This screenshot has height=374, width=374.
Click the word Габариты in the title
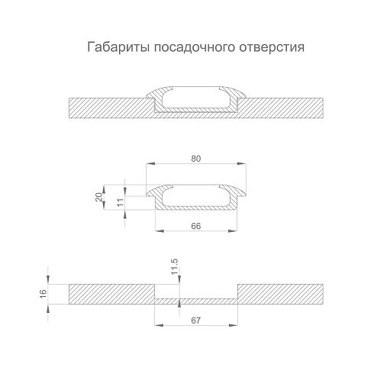[x=118, y=47]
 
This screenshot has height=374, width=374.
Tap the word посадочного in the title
[x=194, y=48]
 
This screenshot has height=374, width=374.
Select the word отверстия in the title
[x=272, y=48]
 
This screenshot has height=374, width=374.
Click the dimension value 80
[x=196, y=159]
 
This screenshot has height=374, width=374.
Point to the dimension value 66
[x=196, y=226]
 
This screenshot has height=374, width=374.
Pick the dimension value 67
[x=196, y=321]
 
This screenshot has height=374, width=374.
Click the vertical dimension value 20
[x=98, y=197]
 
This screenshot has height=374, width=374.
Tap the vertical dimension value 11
[x=120, y=202]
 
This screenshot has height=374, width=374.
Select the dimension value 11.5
[x=175, y=266]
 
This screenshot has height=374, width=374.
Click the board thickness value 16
[x=44, y=294]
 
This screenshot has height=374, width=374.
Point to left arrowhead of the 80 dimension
[x=150, y=163]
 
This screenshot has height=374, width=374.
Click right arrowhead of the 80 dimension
[x=242, y=163]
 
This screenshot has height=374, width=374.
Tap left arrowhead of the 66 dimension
[x=160, y=231]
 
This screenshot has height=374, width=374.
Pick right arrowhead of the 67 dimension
[x=233, y=325]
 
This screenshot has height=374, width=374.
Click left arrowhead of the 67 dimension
[x=159, y=325]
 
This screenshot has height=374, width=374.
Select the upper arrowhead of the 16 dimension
[x=48, y=279]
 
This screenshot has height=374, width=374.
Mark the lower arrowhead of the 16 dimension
[x=48, y=308]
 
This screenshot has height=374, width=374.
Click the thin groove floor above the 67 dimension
[x=196, y=301]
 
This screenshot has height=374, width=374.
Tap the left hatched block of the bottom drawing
[x=111, y=294]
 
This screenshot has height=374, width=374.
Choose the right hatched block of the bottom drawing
[x=280, y=294]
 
